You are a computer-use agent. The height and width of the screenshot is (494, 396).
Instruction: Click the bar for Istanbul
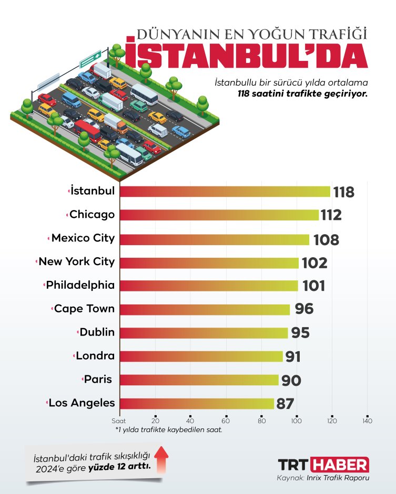[225, 192]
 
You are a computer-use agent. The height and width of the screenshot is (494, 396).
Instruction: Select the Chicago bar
[219, 215]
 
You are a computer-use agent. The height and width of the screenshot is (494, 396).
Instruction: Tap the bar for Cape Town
[205, 309]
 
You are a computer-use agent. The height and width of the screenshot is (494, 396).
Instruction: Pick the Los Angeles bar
[197, 403]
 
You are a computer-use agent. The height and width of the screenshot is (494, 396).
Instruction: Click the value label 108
[326, 240]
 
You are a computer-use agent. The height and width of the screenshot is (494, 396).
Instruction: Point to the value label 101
[313, 286]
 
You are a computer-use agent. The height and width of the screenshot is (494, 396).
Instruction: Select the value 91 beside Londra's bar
[293, 357]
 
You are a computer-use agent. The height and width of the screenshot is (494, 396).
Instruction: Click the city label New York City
[76, 261]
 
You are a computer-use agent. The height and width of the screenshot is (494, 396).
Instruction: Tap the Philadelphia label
[80, 285]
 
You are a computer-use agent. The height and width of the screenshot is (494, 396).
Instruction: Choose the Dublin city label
[97, 332]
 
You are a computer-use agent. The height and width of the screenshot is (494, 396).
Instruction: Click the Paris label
[98, 379]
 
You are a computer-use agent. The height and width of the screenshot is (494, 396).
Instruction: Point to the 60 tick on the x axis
[226, 421]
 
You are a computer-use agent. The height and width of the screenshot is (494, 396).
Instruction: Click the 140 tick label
[367, 421]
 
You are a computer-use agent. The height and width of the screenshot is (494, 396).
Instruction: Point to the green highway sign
[90, 59]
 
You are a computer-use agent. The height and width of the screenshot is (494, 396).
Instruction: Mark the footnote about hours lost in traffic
[169, 429]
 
